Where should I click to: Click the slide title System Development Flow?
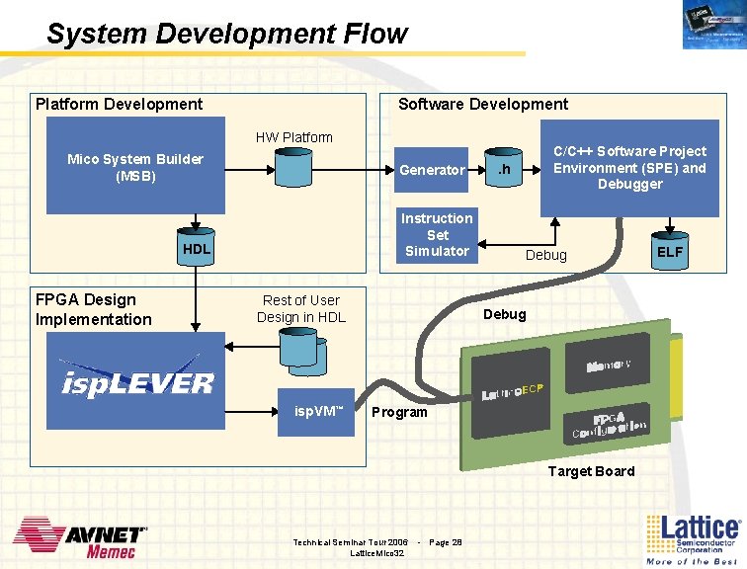coord(226,34)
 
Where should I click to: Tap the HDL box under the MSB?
coord(196,249)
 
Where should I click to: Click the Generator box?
coord(431,170)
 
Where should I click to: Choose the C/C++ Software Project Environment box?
coord(629,167)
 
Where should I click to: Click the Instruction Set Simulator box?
coord(437,235)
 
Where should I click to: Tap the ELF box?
coord(670,252)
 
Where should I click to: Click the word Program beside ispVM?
coord(399,412)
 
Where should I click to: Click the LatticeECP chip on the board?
coord(514,392)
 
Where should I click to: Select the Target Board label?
coord(591,471)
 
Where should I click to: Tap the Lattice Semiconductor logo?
coord(691,538)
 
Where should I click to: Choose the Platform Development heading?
coord(119,104)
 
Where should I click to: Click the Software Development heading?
coord(482,104)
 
